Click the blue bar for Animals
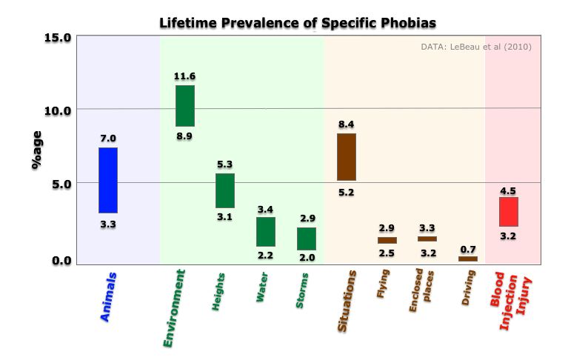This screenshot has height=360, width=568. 108,181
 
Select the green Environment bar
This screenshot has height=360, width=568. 185,106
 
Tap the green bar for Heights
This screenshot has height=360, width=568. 225,191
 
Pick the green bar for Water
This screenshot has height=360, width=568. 266,232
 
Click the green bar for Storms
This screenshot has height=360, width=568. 307,239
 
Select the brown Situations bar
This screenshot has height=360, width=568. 347,157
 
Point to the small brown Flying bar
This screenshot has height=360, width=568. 387,240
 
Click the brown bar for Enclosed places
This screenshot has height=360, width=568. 427,239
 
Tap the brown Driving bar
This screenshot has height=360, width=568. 468,259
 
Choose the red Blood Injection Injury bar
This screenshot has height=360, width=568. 509,212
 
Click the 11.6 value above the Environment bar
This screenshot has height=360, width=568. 185,76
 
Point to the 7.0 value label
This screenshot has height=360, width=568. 108,139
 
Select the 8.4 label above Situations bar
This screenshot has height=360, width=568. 347,124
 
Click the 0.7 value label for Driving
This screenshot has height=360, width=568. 468,249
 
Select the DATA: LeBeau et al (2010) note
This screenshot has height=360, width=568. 475,47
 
